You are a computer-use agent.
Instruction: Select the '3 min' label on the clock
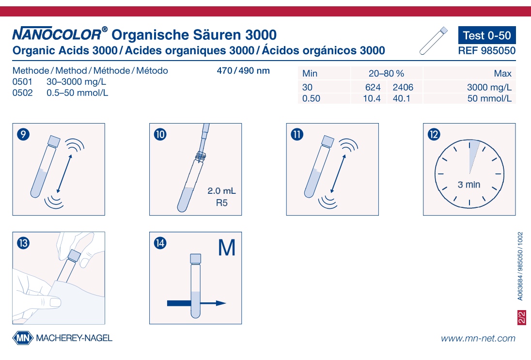pos(469,185)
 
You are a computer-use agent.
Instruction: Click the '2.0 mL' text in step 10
pos(221,191)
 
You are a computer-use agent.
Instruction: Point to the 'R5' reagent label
pos(221,203)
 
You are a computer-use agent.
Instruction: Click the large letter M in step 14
pos(226,248)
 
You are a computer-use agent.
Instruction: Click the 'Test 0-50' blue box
pos(486,35)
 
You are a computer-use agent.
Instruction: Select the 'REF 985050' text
pos(486,50)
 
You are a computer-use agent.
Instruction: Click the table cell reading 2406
pos(403,88)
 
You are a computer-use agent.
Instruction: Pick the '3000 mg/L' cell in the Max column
pos(489,88)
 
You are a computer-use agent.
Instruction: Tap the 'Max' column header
pos(502,74)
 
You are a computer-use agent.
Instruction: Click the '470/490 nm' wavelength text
pos(243,71)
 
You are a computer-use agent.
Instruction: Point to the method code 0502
pos(22,93)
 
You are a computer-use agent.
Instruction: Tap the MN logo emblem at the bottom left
pos(22,338)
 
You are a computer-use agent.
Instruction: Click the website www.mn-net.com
pos(478,338)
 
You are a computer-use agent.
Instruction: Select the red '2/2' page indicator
pos(522,318)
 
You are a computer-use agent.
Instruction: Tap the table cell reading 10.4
pos(372,99)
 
